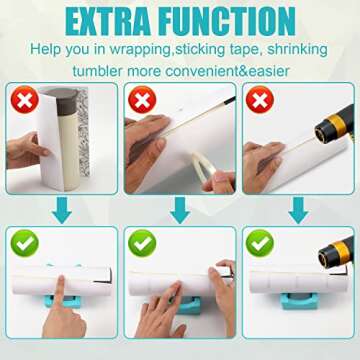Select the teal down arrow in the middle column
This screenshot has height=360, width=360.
(179, 210)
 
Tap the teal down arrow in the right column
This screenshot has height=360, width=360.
(298, 210)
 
